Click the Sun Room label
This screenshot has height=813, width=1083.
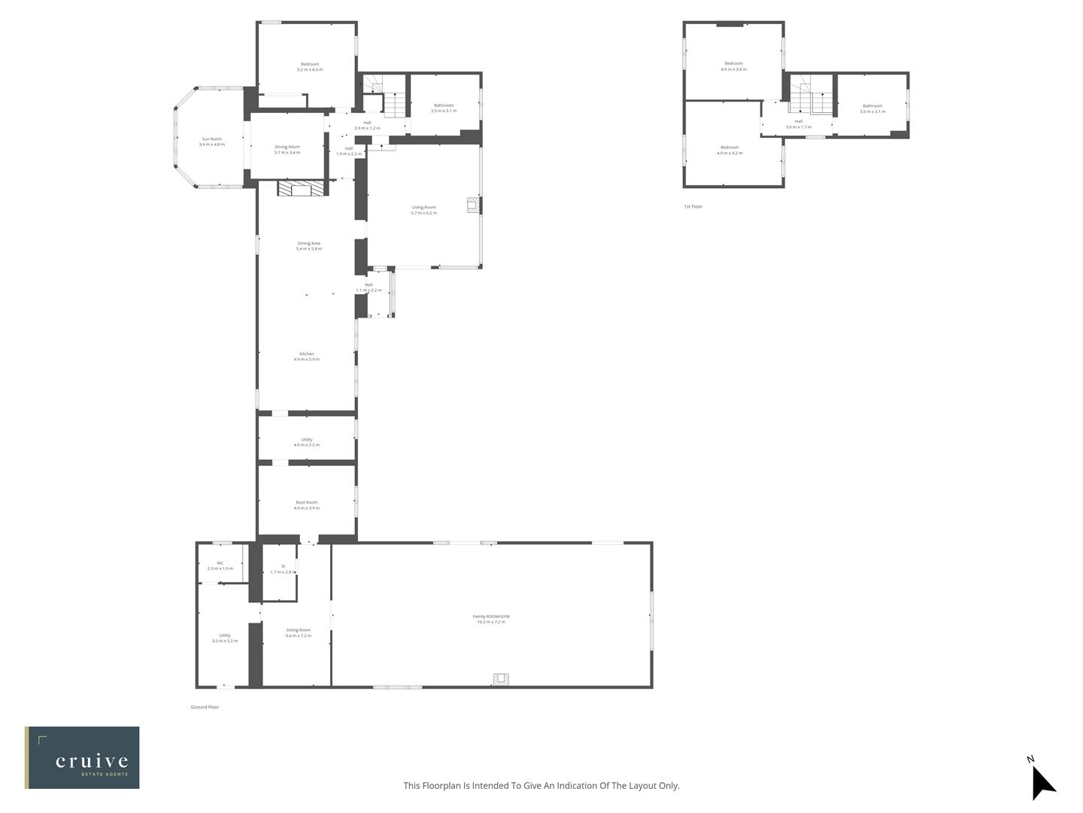pyautogui.click(x=211, y=139)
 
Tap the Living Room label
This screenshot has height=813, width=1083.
pyautogui.click(x=423, y=207)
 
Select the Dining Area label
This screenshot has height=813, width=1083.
pyautogui.click(x=309, y=243)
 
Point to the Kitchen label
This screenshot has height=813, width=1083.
pyautogui.click(x=306, y=354)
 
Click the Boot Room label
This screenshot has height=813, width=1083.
pyautogui.click(x=306, y=502)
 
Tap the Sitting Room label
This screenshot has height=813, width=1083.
pyautogui.click(x=298, y=630)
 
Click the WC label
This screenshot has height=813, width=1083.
pyautogui.click(x=220, y=563)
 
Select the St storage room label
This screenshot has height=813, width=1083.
pyautogui.click(x=283, y=566)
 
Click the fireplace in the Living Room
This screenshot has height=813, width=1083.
pyautogui.click(x=472, y=205)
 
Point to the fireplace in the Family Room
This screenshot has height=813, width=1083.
pyautogui.click(x=502, y=679)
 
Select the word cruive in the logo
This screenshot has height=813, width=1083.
pyautogui.click(x=92, y=761)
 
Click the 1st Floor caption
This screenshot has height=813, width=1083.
pyautogui.click(x=693, y=206)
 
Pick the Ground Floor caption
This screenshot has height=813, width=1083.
pyautogui.click(x=205, y=707)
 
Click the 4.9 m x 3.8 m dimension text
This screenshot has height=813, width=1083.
pyautogui.click(x=733, y=69)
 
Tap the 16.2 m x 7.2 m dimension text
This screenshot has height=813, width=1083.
pyautogui.click(x=491, y=623)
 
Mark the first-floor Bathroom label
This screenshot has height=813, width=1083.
pyautogui.click(x=872, y=106)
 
